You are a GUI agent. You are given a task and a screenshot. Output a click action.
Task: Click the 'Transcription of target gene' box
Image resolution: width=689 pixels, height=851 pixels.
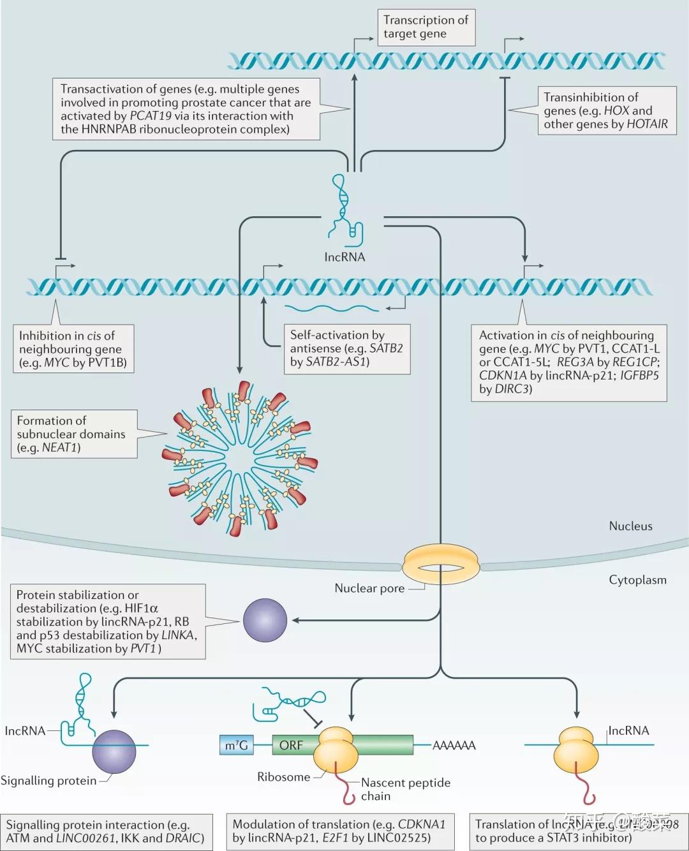coord(426,27)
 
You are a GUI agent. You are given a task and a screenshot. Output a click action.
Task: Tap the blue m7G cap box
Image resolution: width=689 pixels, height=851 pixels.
coord(236,745)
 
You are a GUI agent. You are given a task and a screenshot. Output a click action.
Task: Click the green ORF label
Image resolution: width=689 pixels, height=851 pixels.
coord(291,745)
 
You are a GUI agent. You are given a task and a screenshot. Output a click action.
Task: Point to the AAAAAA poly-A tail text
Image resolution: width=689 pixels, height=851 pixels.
coord(454,745)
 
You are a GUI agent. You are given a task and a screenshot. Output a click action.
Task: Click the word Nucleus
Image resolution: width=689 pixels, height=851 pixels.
coord(630,526)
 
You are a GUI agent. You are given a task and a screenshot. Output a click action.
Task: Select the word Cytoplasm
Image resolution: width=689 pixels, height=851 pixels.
coord(637,580)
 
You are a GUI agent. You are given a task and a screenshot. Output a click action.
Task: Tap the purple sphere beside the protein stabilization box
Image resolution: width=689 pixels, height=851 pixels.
coord(265,620)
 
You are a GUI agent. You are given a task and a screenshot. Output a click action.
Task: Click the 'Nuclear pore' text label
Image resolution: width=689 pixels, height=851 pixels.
coord(369,588)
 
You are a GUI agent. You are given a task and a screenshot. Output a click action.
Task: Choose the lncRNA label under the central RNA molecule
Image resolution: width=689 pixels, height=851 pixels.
coord(344,257)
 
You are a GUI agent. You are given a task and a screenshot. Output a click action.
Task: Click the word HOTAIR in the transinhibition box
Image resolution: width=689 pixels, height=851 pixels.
coord(647,124)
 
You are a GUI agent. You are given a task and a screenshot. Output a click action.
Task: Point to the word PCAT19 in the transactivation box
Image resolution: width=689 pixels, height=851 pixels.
coord(151,116)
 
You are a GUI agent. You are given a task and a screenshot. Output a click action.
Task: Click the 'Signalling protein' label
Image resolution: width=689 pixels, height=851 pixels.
coord(48,781)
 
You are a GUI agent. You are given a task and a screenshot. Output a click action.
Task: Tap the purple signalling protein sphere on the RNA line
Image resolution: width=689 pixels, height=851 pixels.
coord(114,751)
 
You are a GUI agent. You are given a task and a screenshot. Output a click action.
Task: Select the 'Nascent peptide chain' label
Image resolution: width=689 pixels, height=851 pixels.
coord(405,789)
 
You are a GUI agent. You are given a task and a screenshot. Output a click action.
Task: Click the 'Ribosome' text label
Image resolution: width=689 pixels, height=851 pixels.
coord(283,776)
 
